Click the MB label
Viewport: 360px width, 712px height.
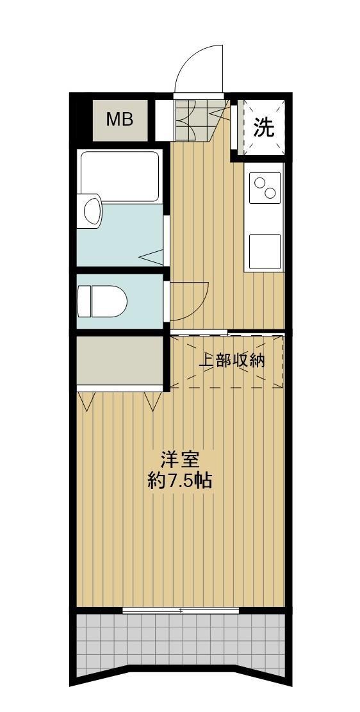(x=119, y=120)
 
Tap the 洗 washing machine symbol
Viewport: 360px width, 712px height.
(x=263, y=128)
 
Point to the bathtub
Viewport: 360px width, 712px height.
(x=119, y=176)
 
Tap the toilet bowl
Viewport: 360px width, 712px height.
(x=102, y=301)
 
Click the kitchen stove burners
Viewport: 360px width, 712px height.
(x=265, y=187)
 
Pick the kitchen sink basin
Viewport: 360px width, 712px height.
(x=265, y=251)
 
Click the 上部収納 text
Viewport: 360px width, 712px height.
(x=231, y=360)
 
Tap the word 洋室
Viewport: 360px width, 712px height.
(x=180, y=459)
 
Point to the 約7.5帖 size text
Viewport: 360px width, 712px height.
(x=180, y=481)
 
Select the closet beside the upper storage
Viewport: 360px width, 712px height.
(x=119, y=360)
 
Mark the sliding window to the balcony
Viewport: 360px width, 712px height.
(x=181, y=610)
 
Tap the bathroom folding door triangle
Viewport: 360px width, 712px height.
(x=152, y=258)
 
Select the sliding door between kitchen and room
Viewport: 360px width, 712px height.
(x=199, y=332)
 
